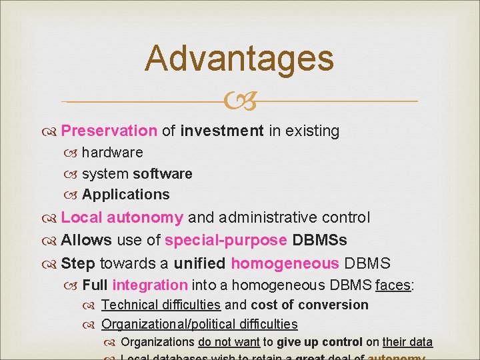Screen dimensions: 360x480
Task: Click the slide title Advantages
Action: click(239, 58)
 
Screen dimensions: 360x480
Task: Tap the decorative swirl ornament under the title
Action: click(239, 102)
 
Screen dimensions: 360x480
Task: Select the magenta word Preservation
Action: click(109, 131)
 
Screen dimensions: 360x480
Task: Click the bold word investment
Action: click(222, 131)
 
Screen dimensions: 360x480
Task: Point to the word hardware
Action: click(113, 153)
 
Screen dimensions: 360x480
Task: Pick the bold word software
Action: click(163, 174)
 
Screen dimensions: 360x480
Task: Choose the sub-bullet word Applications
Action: click(126, 195)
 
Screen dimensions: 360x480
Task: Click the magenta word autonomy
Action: click(145, 217)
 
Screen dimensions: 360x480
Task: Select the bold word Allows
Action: click(86, 240)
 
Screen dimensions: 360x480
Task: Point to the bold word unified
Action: click(199, 263)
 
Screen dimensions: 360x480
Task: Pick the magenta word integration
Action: click(150, 285)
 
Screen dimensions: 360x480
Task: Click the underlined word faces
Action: click(393, 285)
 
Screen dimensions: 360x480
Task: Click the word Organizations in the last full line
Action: click(157, 342)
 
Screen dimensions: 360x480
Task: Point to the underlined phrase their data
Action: click(407, 342)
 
